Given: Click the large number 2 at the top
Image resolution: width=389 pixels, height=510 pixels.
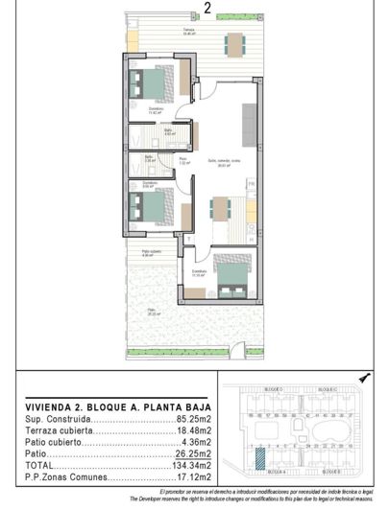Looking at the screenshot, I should (x=207, y=11).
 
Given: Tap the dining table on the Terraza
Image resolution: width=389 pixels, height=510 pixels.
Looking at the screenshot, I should (x=234, y=43).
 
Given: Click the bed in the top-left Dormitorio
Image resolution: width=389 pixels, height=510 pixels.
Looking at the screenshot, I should (x=155, y=83).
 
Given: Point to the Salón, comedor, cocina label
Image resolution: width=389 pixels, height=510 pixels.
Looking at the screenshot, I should (x=228, y=162).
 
